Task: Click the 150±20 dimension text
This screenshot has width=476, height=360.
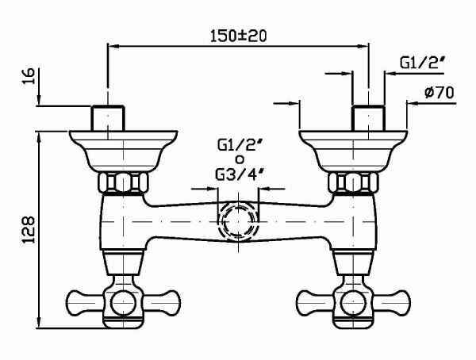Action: (x=238, y=36)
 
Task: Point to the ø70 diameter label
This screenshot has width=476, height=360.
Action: (x=438, y=92)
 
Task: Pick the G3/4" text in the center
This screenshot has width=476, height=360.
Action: (x=238, y=174)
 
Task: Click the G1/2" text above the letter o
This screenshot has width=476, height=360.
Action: (x=238, y=145)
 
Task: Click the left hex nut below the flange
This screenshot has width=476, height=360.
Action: (x=122, y=182)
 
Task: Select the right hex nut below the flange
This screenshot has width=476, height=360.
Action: (x=353, y=182)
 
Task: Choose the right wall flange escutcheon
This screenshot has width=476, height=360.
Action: (x=353, y=147)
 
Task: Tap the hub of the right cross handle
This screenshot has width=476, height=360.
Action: (x=353, y=302)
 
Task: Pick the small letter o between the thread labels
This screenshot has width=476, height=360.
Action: (x=238, y=159)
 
